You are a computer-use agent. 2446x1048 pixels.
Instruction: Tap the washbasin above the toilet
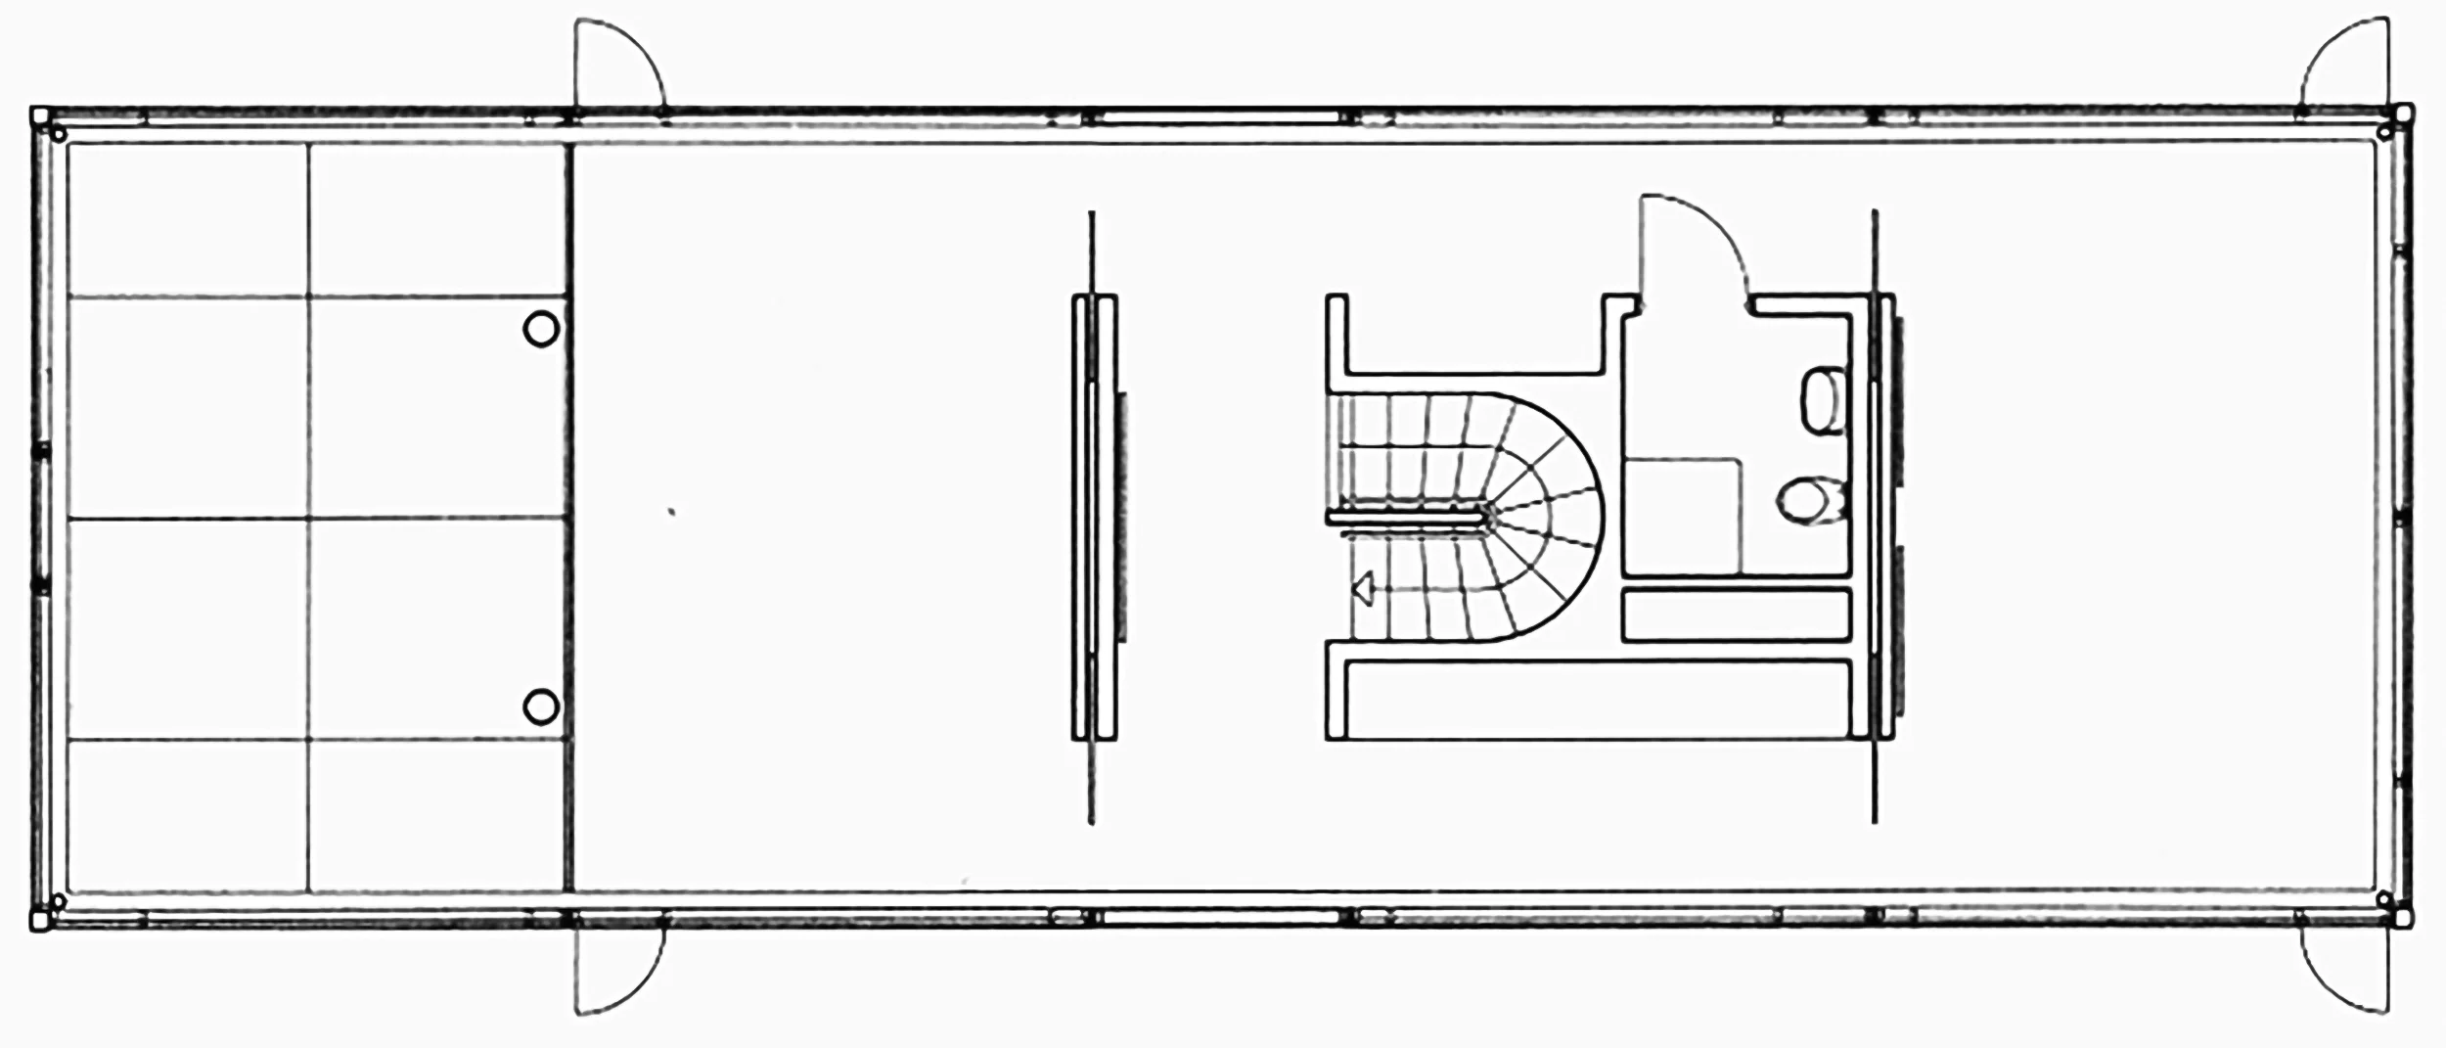(1821, 400)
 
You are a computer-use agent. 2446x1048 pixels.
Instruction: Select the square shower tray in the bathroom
(1683, 515)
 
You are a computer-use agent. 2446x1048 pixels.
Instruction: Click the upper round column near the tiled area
(541, 329)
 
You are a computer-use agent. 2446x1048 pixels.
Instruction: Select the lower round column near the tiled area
(541, 706)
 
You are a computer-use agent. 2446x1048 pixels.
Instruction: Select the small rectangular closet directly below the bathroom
(1736, 615)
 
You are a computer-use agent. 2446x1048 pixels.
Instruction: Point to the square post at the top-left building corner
(39, 116)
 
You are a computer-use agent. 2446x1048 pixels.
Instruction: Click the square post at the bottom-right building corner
(2403, 919)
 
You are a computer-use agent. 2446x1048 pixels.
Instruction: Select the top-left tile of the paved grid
(188, 220)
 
